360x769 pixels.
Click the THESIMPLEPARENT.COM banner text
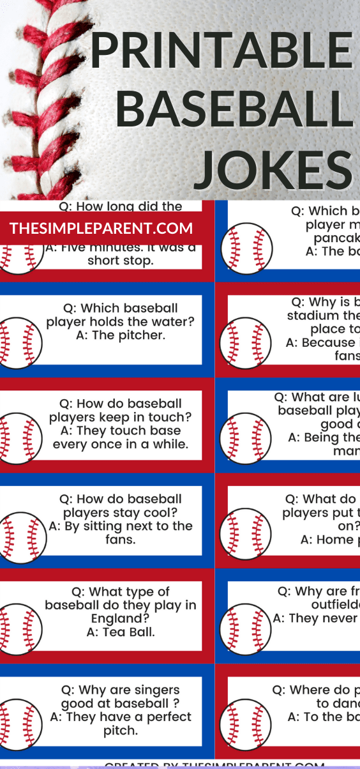[x=101, y=229]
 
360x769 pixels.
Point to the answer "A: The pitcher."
[x=120, y=335]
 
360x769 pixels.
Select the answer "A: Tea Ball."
[x=120, y=632]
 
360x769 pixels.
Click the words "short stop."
[x=120, y=261]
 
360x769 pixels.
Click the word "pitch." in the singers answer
[x=120, y=731]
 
